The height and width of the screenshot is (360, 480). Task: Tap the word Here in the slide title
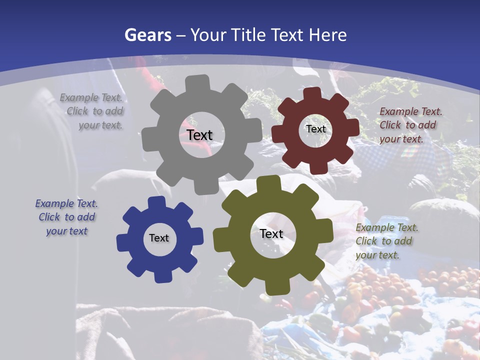pyautogui.click(x=327, y=35)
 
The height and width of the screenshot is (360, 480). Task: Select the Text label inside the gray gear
pyautogui.click(x=199, y=135)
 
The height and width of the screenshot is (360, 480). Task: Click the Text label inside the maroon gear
pyautogui.click(x=315, y=129)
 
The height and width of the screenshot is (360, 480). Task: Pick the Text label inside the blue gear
pyautogui.click(x=159, y=238)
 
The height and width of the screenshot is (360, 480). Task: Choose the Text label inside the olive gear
pyautogui.click(x=271, y=233)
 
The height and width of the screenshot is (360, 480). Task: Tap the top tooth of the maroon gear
pyautogui.click(x=312, y=94)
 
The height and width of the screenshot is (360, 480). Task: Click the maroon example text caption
pyautogui.click(x=410, y=125)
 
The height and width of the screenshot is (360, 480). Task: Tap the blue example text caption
pyautogui.click(x=66, y=217)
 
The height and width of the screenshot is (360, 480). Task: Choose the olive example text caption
pyautogui.click(x=386, y=241)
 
